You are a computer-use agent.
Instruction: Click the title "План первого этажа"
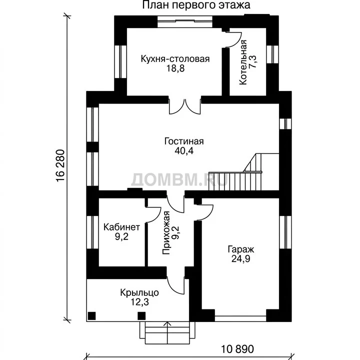pos(196,5)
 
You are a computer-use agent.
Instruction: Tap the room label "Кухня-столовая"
pos(175,59)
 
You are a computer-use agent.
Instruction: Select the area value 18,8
pos(175,68)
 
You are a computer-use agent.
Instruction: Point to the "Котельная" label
pos(243,62)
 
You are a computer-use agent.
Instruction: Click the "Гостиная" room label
pos(184,141)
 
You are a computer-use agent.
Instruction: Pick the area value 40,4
pos(184,151)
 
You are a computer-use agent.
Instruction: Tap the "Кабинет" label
pos(121,227)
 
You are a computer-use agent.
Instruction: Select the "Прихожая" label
pos(166,233)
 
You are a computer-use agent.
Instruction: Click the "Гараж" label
pos(241,249)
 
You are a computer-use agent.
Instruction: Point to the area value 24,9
pos(240,259)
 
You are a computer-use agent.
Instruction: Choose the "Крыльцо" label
pos(139,292)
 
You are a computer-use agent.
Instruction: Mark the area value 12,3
pos(139,302)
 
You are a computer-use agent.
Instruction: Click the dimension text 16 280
pos(60,166)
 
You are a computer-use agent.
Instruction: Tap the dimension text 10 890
pos(237,349)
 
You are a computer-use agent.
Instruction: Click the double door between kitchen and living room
pos(185,106)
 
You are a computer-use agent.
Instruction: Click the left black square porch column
pos(92,315)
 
